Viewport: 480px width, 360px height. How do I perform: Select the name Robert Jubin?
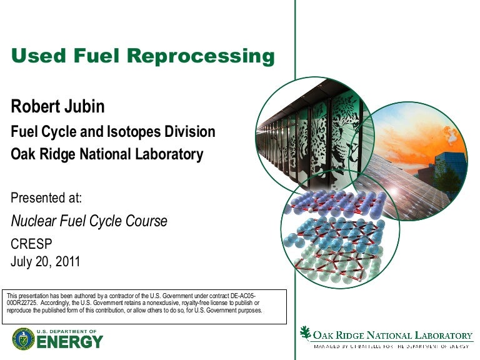[57, 107]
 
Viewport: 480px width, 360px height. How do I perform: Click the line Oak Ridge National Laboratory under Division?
[107, 154]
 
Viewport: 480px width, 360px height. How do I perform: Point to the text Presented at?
[47, 199]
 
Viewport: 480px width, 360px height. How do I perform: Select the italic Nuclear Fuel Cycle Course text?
[89, 221]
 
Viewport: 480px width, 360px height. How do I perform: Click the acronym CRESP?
[31, 244]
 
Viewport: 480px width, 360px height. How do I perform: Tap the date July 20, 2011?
[46, 261]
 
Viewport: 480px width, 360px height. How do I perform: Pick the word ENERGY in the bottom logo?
[70, 342]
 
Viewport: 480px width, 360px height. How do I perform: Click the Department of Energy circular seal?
[22, 339]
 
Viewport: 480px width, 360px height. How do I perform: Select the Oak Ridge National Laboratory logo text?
[392, 335]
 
